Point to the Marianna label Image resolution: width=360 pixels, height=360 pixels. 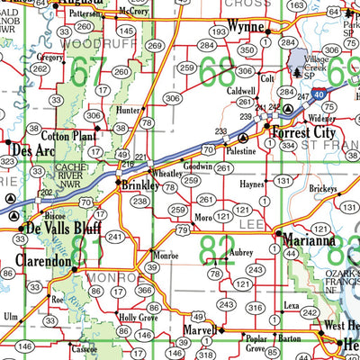pos(308,241)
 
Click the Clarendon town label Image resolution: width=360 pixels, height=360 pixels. pos(42,262)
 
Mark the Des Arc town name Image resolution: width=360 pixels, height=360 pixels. pos(31,150)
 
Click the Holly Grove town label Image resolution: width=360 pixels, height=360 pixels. pos(139,318)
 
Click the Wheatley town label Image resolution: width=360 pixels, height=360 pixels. pos(166,174)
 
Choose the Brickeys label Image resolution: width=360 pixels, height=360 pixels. pos(321,190)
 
